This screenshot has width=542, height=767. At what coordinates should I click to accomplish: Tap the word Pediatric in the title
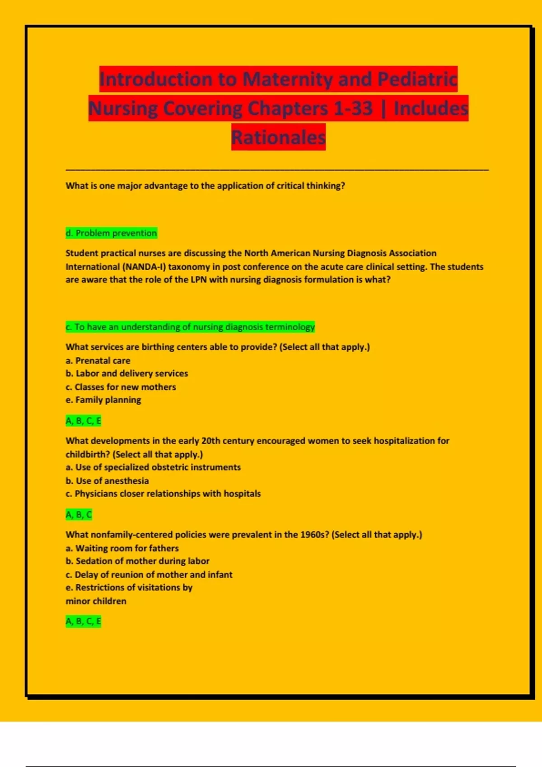[x=417, y=79]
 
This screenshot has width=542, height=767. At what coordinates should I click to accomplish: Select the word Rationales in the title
[x=278, y=137]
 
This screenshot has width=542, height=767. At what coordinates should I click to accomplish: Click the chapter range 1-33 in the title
[x=353, y=108]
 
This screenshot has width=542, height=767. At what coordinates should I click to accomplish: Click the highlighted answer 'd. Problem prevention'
[x=111, y=233]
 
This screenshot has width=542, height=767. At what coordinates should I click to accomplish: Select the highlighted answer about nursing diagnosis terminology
[x=190, y=327]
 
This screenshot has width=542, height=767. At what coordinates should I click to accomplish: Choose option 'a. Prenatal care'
[x=98, y=360]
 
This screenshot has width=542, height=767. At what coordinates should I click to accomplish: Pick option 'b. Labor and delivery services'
[x=127, y=374]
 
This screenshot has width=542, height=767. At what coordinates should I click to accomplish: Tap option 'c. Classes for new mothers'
[x=121, y=387]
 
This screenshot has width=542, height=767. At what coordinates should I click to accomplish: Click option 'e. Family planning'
[x=103, y=400]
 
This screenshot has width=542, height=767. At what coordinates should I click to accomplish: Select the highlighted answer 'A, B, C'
[x=79, y=515]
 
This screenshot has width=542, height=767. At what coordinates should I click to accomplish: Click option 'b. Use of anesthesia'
[x=107, y=481]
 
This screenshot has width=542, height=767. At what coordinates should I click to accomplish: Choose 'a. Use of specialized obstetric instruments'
[x=153, y=467]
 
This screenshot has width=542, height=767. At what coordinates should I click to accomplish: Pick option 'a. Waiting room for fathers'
[x=122, y=548]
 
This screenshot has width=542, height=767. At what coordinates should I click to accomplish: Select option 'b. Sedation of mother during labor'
[x=137, y=561]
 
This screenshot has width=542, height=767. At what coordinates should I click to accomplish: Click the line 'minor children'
[x=96, y=601]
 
